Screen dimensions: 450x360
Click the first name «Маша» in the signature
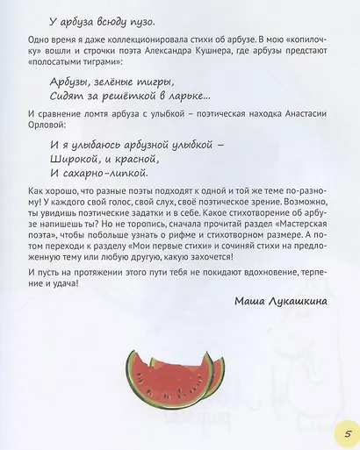coord(254,302)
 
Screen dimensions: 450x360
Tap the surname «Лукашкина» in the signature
coord(305,302)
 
